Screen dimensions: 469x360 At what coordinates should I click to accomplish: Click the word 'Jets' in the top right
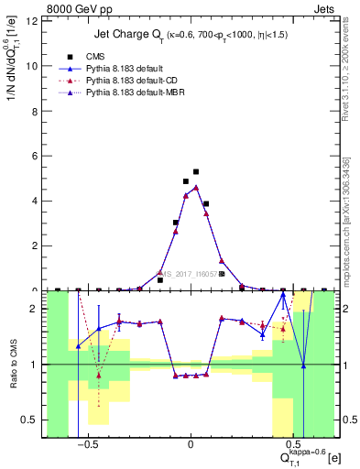click(x=324, y=11)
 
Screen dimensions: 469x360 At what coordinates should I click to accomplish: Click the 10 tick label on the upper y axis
click(x=34, y=66)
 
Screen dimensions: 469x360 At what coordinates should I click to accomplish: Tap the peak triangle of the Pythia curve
click(x=196, y=187)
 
